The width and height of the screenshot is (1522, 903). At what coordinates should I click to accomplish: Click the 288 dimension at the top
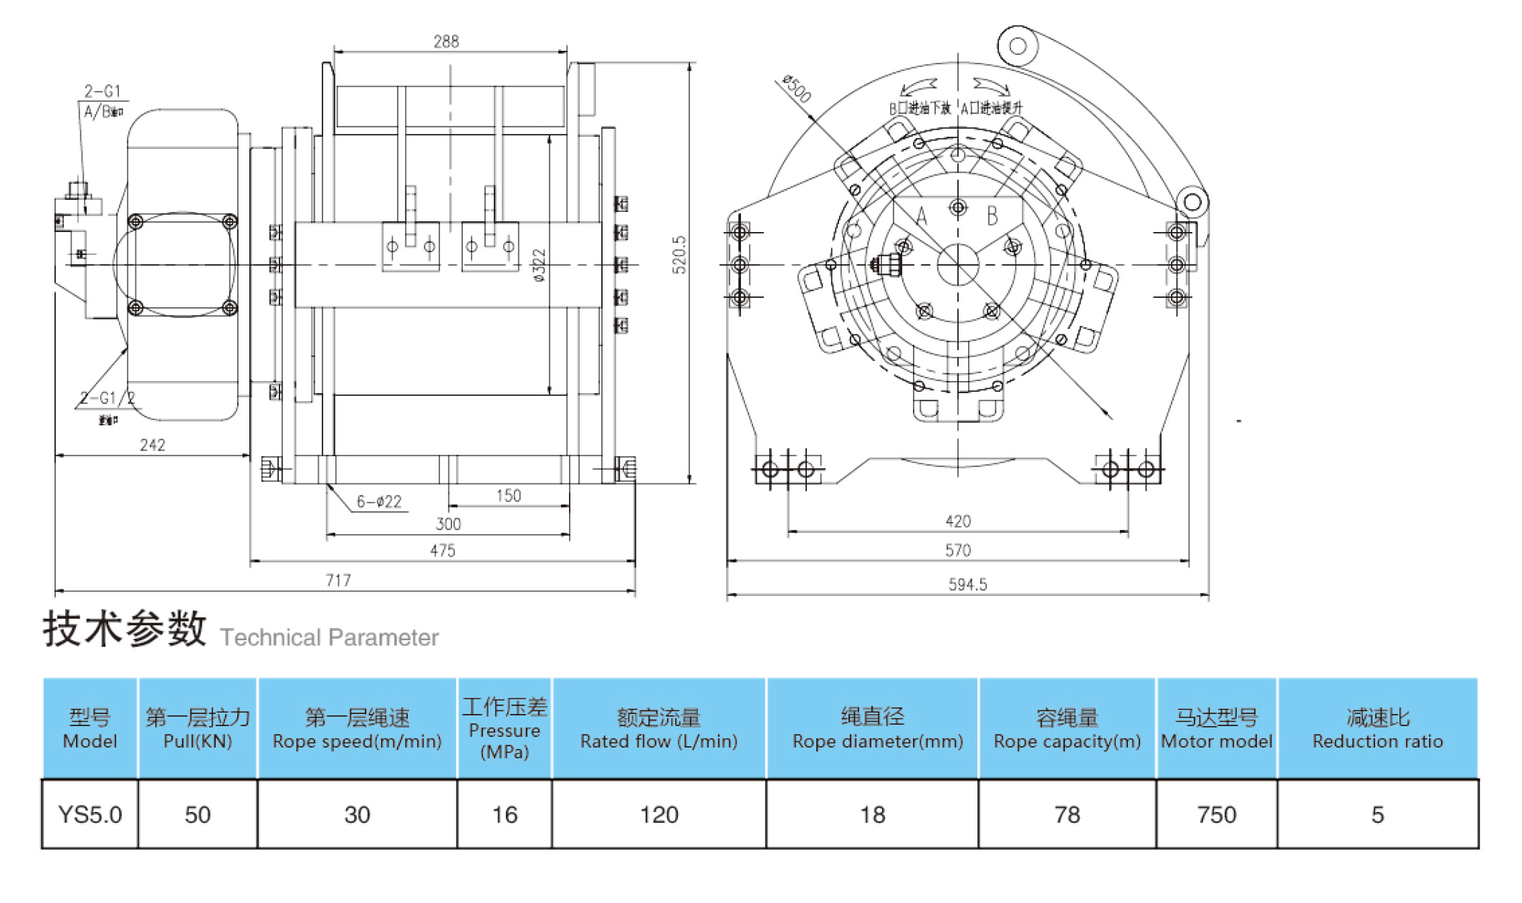click(x=446, y=42)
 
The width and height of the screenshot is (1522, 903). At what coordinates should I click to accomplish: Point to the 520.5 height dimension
click(x=679, y=255)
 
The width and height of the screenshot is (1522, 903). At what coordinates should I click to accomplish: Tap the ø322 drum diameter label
click(x=540, y=265)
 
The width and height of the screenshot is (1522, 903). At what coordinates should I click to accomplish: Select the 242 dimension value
click(x=153, y=445)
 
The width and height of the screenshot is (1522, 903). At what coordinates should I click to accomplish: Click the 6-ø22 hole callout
click(x=379, y=501)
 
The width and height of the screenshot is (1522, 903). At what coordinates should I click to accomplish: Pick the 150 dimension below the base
click(x=509, y=496)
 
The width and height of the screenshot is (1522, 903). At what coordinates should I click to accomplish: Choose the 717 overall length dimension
click(x=338, y=580)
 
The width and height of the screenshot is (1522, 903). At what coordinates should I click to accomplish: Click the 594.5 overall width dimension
click(x=967, y=584)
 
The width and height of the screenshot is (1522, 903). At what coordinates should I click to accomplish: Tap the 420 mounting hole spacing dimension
click(x=958, y=521)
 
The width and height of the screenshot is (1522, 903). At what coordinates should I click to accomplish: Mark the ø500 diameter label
click(x=797, y=89)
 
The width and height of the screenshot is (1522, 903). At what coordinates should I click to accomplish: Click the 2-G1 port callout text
click(x=102, y=91)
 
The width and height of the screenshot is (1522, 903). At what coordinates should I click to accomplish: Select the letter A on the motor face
click(x=922, y=216)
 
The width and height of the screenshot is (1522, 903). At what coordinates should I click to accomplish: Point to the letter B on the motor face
click(x=992, y=215)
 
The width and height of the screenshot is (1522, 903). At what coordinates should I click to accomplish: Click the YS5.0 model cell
click(x=90, y=814)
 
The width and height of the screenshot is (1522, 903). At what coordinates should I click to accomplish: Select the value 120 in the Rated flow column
click(x=659, y=814)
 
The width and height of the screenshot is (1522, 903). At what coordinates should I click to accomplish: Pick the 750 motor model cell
click(x=1216, y=814)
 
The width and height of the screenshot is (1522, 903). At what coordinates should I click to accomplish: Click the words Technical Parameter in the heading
click(x=329, y=637)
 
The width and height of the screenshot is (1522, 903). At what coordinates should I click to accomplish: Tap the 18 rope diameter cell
click(x=872, y=814)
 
